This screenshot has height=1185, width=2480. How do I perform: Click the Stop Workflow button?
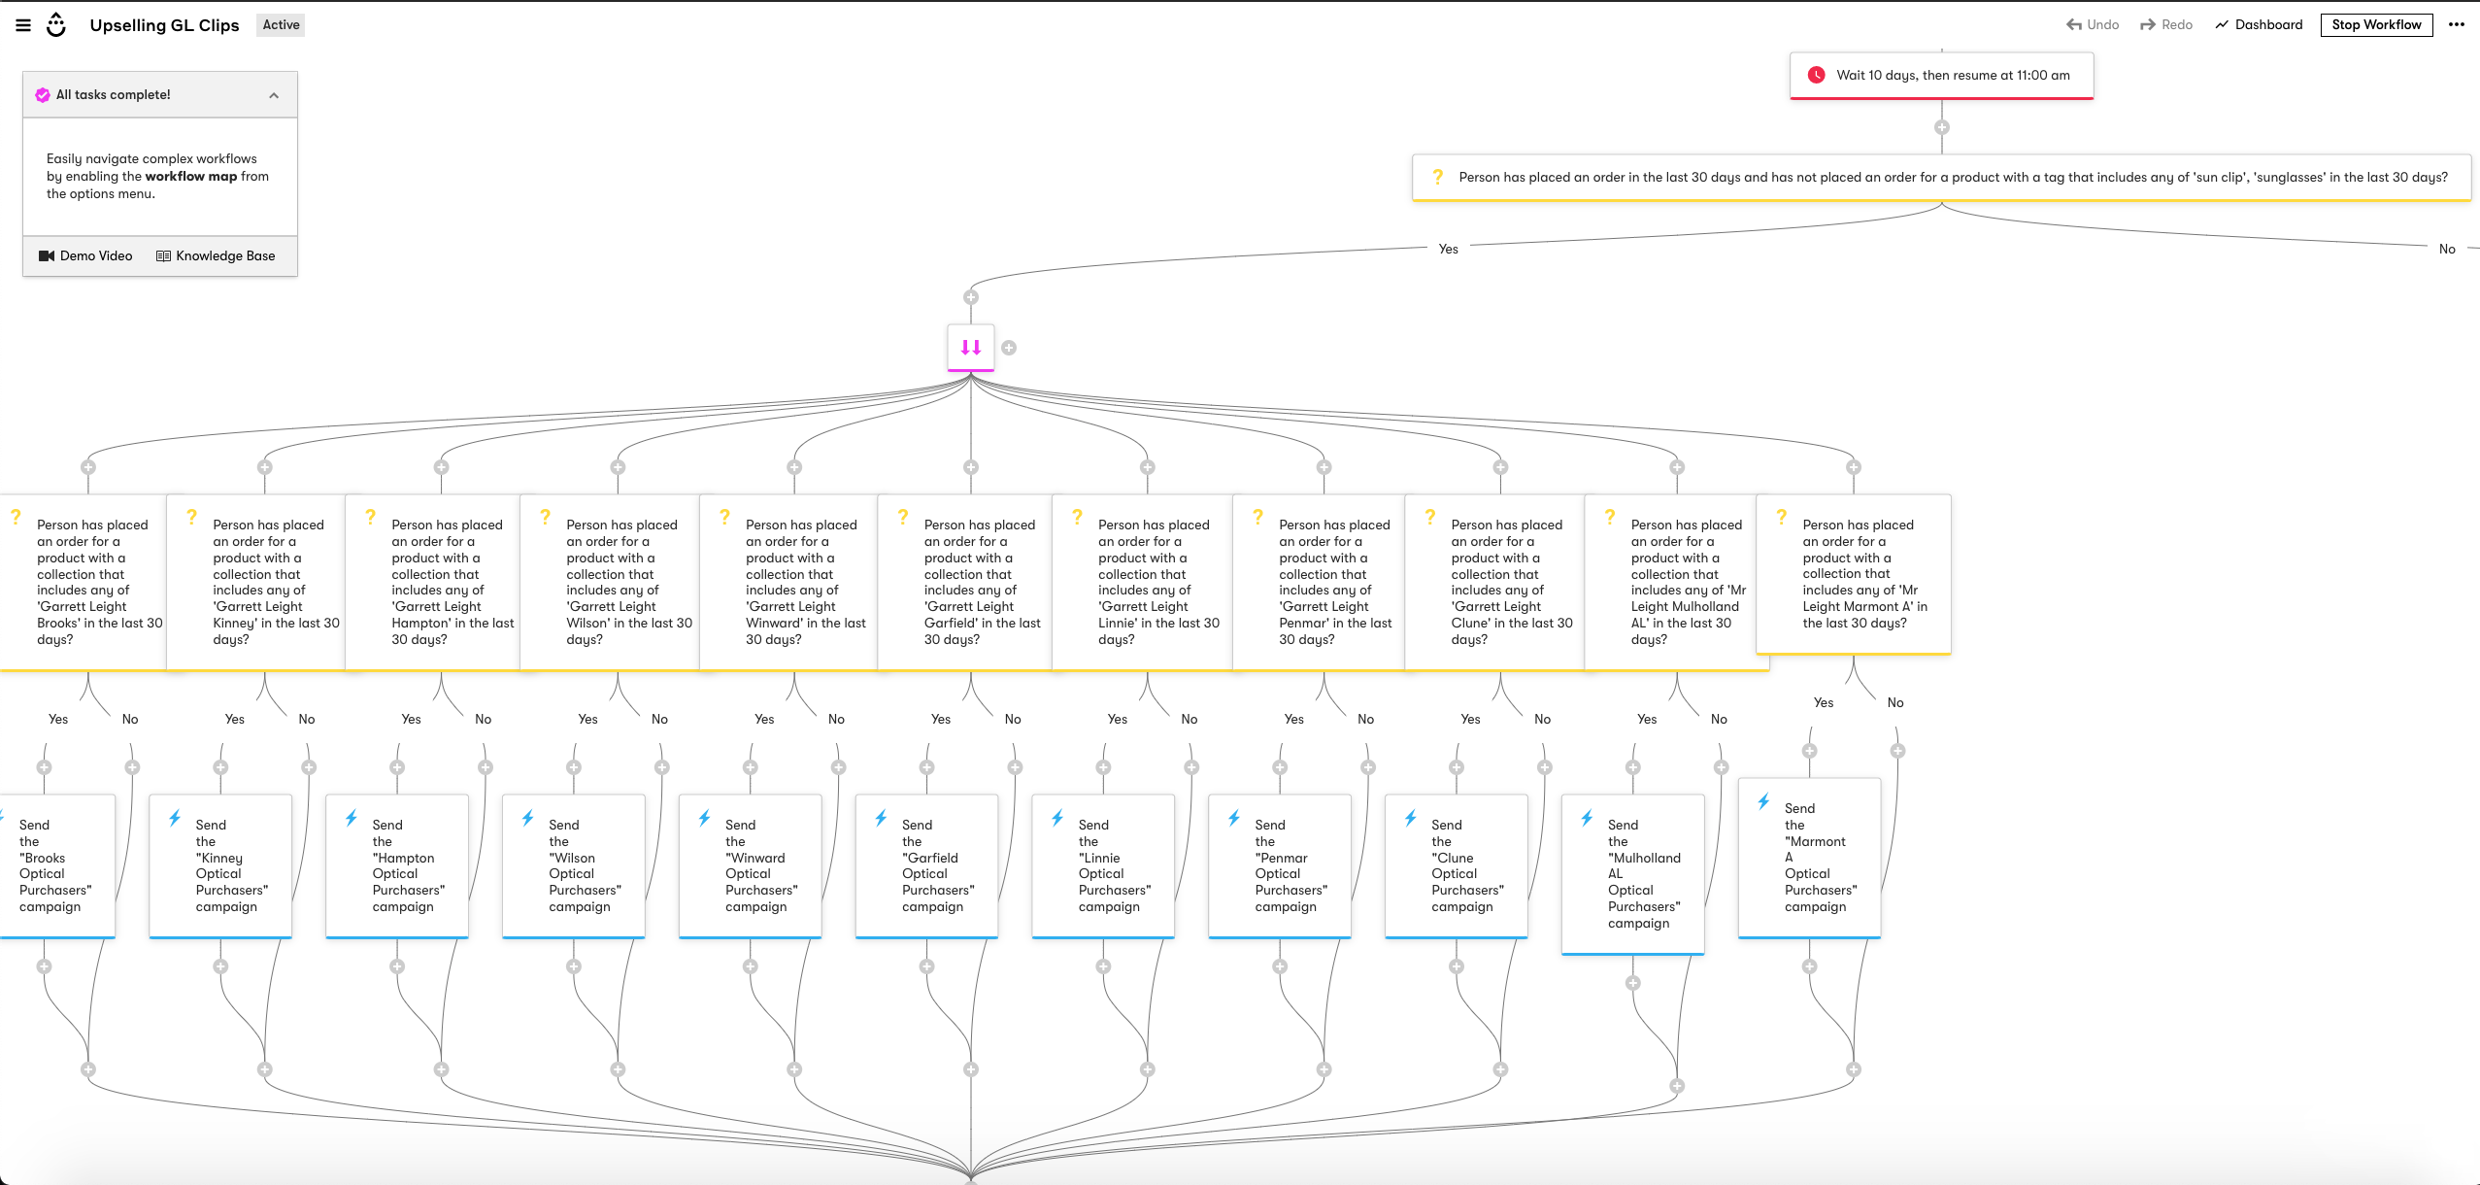(2376, 25)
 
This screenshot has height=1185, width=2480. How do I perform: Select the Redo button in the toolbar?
(2166, 25)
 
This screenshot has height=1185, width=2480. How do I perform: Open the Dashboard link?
(2259, 25)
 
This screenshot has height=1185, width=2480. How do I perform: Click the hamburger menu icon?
(23, 25)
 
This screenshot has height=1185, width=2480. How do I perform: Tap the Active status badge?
(281, 25)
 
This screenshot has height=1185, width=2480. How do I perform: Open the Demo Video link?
(85, 256)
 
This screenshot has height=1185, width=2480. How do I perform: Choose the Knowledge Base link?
(216, 256)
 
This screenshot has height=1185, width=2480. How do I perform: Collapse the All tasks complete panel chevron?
(274, 95)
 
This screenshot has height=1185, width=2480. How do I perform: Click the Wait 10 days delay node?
(1941, 76)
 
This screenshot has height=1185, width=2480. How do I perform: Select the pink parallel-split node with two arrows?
(971, 348)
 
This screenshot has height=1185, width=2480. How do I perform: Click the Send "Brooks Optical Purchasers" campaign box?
(55, 865)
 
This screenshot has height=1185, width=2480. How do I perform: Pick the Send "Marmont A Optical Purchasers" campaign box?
(1809, 858)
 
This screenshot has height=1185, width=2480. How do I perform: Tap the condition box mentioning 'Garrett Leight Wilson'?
(611, 582)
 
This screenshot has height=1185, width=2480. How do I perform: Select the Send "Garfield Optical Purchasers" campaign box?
(926, 865)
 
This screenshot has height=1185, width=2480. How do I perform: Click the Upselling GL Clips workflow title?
(164, 25)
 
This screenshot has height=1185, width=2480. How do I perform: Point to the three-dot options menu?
(2457, 25)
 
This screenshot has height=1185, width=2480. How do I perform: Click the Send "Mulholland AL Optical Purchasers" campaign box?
(1632, 874)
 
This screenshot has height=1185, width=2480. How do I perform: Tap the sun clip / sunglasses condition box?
(1941, 178)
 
